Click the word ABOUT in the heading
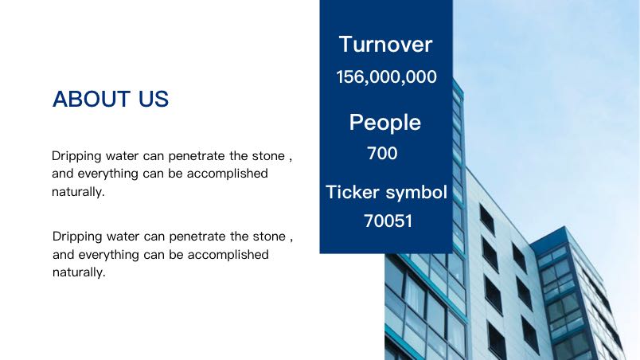92,100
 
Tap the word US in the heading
154,100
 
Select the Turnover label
386,44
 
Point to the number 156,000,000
386,77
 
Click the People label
385,123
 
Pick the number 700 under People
382,154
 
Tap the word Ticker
353,192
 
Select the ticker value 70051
388,221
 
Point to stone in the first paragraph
268,156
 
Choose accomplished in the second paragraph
228,255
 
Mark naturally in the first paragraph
78,191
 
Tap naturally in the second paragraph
79,272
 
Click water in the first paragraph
122,156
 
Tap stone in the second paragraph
269,237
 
